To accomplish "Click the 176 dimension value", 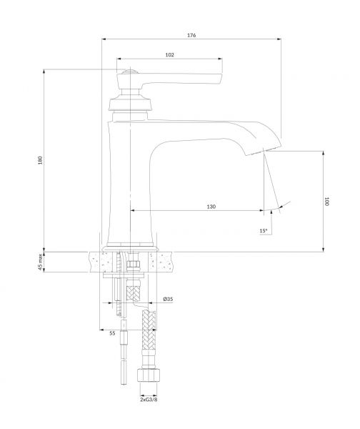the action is pos(191,35).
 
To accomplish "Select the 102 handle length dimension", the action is pos(169,55).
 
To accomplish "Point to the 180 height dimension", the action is pos(40,160).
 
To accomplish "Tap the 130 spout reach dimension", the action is pos(211,207).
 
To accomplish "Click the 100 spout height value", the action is pos(327,201).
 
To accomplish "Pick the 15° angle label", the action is pos(264,231).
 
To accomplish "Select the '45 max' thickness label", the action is pos(40,262).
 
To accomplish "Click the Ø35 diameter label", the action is pos(168,299).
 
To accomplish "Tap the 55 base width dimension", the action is pos(112,333).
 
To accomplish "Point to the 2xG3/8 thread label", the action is pos(149,400).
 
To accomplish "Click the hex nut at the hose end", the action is pos(149,375).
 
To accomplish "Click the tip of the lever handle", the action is pos(220,78).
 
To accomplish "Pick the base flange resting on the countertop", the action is pos(130,249).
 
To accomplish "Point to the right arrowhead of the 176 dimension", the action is pos(279,39).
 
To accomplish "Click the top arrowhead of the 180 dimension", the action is pos(44,71).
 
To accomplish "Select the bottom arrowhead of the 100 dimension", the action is pos(324,250).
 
